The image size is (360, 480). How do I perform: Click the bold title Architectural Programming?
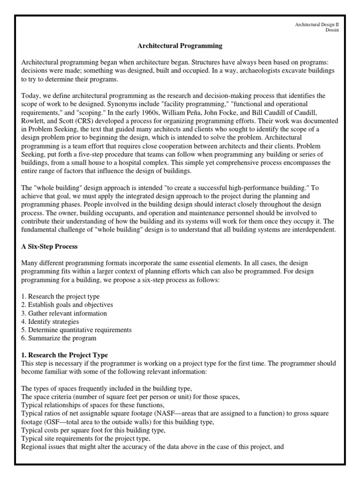click(x=180, y=46)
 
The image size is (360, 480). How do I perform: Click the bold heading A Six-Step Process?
click(x=50, y=247)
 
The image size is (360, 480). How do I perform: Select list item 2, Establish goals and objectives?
click(x=67, y=305)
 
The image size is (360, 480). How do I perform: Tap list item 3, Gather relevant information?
click(x=64, y=313)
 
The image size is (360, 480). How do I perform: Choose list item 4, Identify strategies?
click(x=50, y=322)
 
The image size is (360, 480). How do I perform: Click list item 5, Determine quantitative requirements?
click(x=76, y=330)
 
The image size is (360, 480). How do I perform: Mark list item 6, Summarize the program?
click(x=59, y=338)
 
